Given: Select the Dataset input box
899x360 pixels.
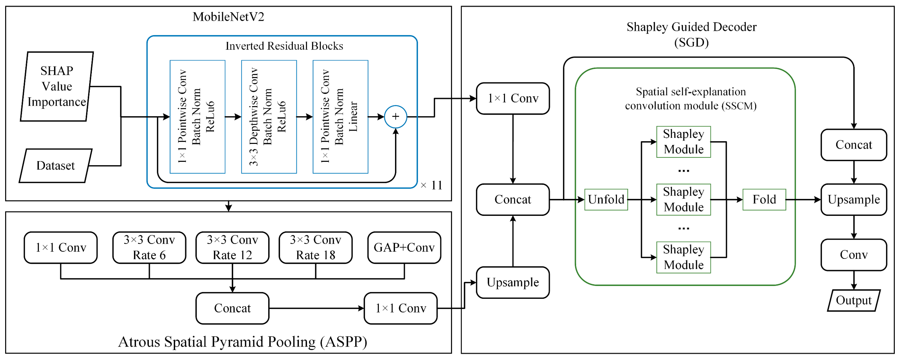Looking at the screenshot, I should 55,166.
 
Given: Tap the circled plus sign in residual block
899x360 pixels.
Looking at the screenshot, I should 395,117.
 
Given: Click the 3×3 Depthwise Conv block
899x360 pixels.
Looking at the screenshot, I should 269,117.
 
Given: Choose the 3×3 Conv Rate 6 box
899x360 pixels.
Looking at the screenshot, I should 149,247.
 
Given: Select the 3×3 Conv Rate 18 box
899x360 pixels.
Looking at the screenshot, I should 315,247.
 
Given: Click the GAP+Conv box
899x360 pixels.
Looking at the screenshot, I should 404,247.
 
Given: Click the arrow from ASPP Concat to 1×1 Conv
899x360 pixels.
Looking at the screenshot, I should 316,308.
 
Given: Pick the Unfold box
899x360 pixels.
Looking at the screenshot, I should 606,199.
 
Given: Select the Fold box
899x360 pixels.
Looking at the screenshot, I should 764,199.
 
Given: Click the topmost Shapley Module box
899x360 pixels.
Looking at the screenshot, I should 683,142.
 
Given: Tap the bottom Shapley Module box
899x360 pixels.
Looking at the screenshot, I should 683,257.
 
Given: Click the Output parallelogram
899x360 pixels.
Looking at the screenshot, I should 854,300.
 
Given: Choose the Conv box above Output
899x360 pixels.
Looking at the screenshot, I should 854,255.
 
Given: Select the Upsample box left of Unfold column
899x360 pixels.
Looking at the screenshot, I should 513,282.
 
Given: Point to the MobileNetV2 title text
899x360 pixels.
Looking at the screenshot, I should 228,17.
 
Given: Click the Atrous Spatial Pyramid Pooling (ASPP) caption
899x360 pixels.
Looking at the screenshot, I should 243,342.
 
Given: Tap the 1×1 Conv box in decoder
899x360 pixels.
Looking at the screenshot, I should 513,98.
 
